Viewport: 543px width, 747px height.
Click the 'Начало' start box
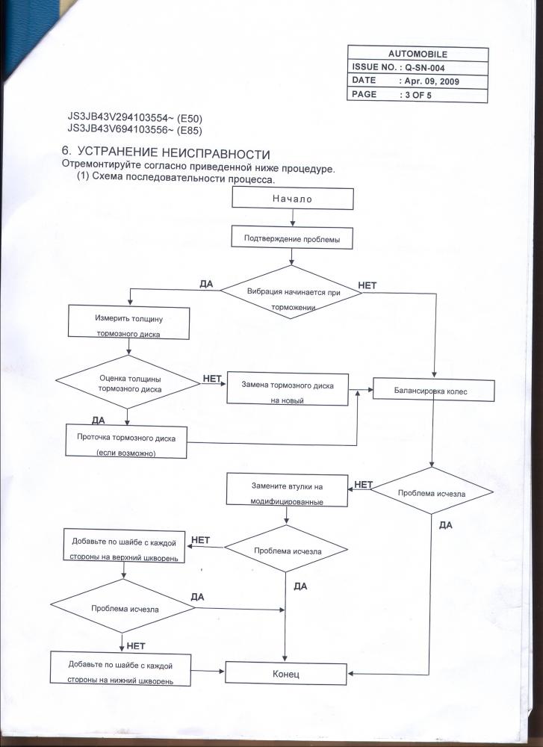292,199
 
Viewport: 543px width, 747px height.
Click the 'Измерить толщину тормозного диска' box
129,323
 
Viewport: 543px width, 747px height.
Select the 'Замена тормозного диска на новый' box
288,390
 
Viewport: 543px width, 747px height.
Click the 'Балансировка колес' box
432,390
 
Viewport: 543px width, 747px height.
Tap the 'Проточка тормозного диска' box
126,441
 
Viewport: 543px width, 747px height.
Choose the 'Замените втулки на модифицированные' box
287,492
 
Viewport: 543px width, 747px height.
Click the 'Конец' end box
286,673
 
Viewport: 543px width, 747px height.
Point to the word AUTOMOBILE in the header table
418,55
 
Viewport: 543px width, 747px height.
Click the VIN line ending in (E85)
135,129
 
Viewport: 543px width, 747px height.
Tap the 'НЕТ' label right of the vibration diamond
368,285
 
